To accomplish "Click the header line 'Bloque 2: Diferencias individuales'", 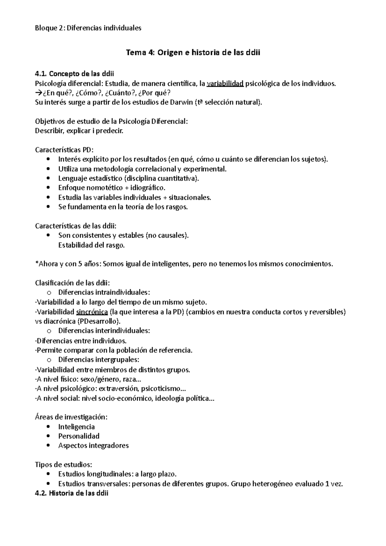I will click(88, 28).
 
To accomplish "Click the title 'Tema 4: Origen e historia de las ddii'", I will click(193, 53).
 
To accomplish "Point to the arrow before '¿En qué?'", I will click(38, 93).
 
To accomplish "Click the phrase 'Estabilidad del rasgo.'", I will click(91, 245).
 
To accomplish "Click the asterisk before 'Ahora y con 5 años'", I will click(36, 264).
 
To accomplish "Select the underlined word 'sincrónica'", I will click(92, 312).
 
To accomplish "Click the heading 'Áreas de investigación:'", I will click(71, 417).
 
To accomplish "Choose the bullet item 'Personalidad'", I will click(79, 436).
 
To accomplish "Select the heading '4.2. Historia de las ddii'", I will click(72, 493).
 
